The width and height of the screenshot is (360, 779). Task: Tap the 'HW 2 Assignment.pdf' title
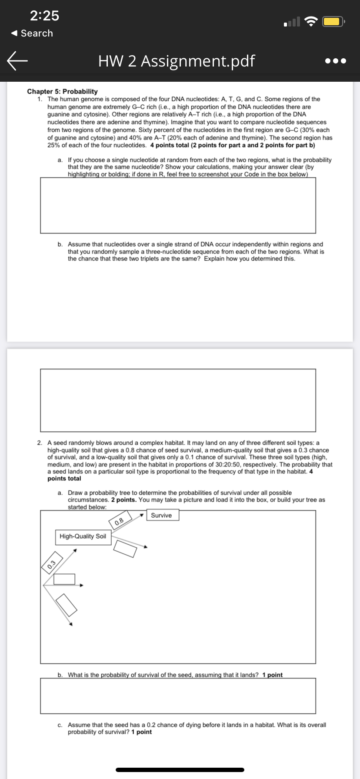pyautogui.click(x=177, y=61)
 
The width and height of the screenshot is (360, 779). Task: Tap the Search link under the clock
pyautogui.click(x=32, y=33)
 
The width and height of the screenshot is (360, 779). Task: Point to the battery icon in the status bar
pyautogui.click(x=334, y=21)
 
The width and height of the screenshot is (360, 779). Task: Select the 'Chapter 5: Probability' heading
pyautogui.click(x=62, y=91)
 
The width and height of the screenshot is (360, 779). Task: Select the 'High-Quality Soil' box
pyautogui.click(x=83, y=536)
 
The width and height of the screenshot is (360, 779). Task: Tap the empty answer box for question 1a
pyautogui.click(x=178, y=205)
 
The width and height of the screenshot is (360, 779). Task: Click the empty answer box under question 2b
pyautogui.click(x=178, y=695)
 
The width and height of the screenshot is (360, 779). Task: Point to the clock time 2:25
pyautogui.click(x=44, y=16)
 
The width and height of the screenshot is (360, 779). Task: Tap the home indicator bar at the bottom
pyautogui.click(x=180, y=769)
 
